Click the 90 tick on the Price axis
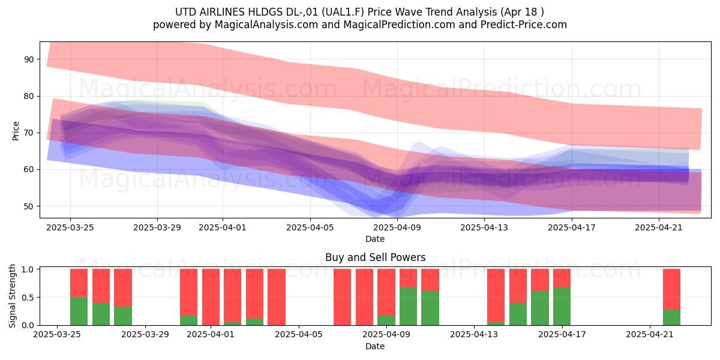29,59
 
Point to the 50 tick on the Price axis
29,206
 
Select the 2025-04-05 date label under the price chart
310,227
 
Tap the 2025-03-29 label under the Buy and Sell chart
145,335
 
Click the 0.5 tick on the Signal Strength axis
28,298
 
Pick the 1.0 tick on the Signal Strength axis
28,269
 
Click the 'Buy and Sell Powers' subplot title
375,257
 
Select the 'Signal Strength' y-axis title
12,296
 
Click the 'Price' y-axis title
16,131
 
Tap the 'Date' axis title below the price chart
375,239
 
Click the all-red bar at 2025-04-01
211,297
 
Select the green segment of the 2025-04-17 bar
562,307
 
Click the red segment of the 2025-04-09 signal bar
386,293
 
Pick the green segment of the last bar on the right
672,317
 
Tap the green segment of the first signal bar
79,311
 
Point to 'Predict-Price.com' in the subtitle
524,25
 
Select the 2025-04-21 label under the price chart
659,227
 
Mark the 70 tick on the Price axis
29,133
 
